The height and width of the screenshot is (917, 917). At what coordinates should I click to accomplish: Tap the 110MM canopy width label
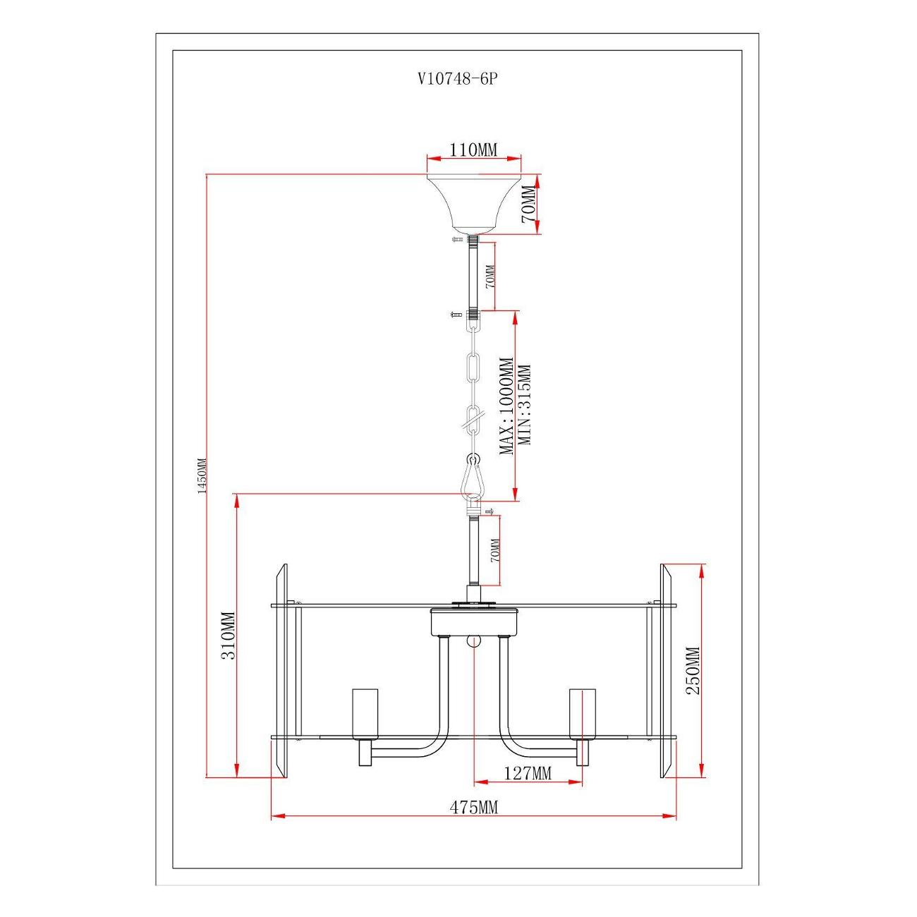point(473,150)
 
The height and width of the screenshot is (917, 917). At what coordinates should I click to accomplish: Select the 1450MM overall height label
point(202,475)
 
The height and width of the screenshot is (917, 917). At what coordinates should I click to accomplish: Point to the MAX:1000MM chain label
point(506,406)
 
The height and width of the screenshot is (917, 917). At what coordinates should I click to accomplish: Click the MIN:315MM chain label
point(523,405)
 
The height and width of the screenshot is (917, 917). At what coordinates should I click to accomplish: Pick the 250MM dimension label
point(693,671)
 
